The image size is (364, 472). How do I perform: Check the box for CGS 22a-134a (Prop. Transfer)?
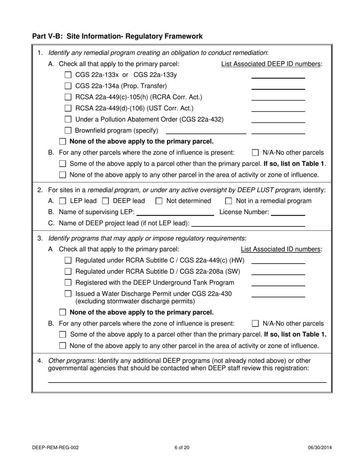coord(68,86)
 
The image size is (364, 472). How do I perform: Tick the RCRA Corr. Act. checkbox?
coord(68,97)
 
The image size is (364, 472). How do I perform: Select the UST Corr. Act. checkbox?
coord(68,109)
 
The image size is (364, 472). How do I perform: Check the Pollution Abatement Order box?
coord(68,120)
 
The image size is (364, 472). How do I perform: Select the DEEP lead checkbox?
coord(106,201)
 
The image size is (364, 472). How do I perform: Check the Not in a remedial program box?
coord(229,201)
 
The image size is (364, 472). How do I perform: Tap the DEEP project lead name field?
coord(248,224)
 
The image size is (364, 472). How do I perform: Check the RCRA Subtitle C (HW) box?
coord(68,261)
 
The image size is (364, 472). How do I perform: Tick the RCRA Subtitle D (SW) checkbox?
coord(68,272)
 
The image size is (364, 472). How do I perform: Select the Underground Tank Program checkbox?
coord(68,283)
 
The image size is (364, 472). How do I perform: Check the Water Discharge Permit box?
coord(68,294)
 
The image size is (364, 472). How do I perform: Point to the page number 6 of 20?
coord(182,447)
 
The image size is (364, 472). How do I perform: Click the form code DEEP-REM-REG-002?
coord(56,447)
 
